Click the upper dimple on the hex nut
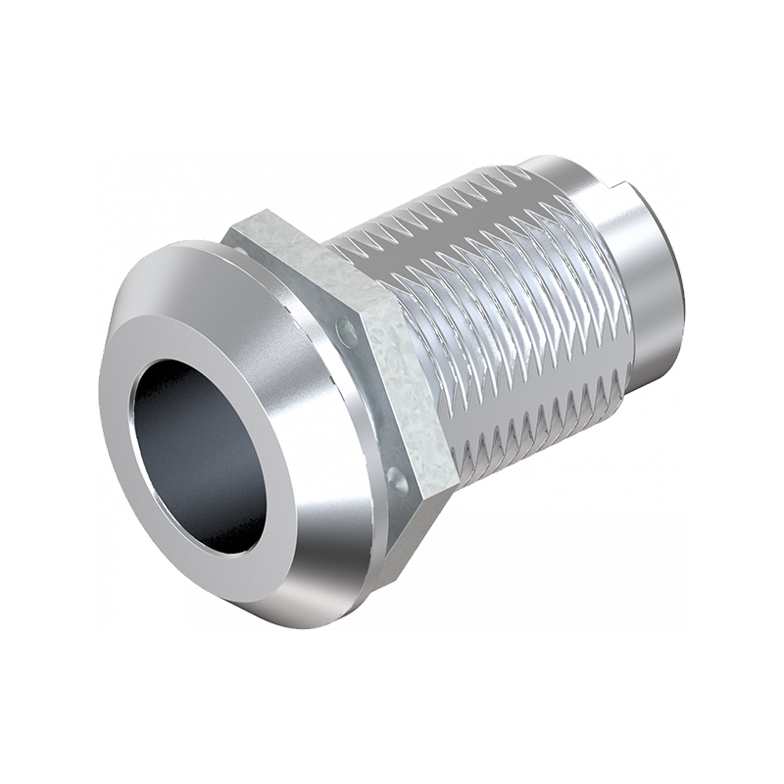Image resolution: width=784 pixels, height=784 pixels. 346,330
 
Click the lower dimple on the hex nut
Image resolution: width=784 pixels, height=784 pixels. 397,480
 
